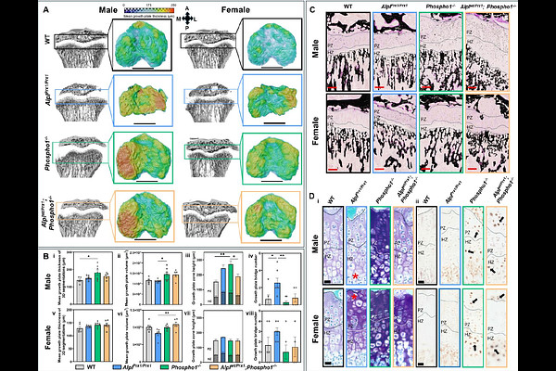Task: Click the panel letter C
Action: (x=313, y=8)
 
